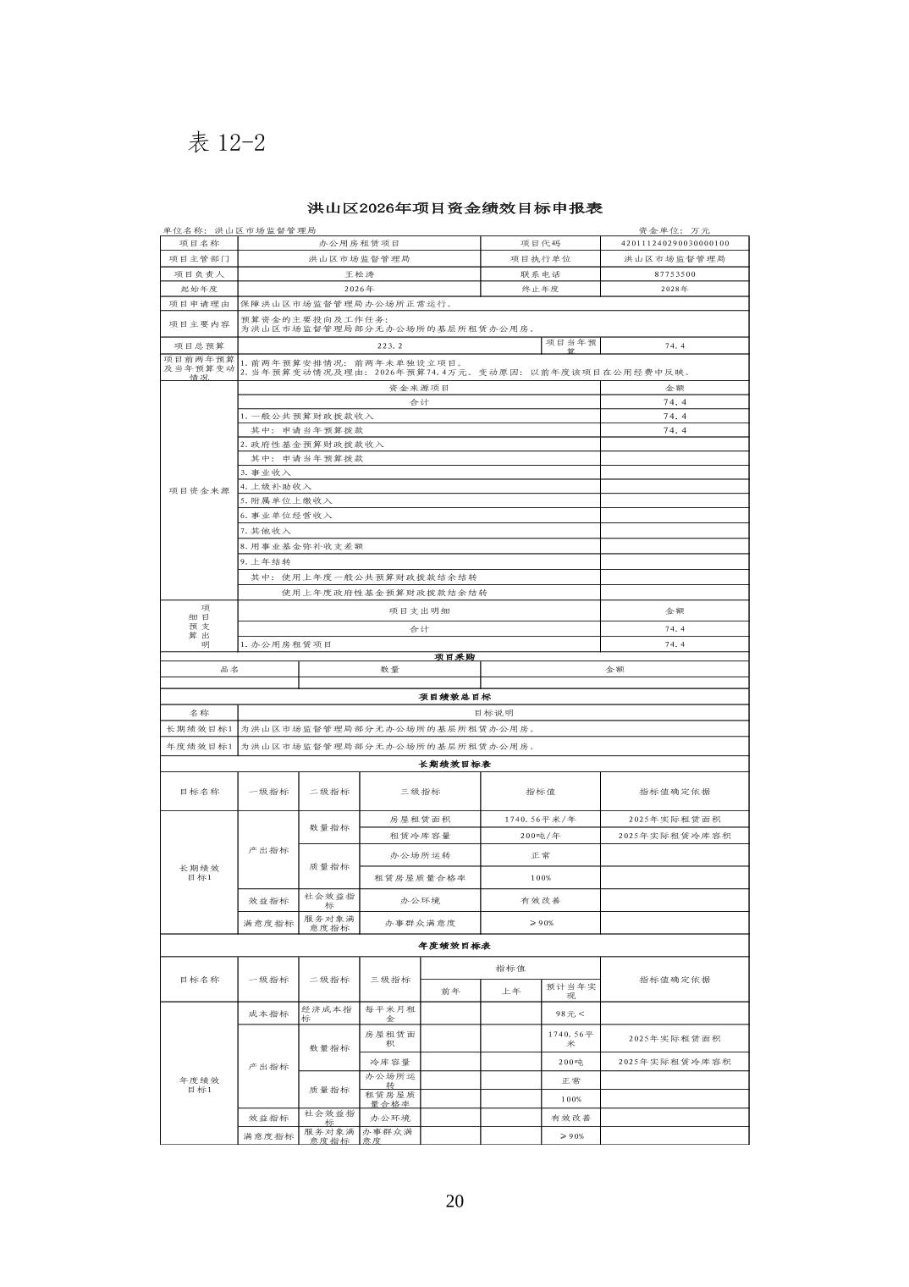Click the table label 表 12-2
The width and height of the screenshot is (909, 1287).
[x=226, y=142]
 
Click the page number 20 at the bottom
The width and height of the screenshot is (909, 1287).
[x=454, y=1201]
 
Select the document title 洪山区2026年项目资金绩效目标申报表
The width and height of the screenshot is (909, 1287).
[x=454, y=208]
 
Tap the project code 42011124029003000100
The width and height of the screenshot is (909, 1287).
[x=675, y=243]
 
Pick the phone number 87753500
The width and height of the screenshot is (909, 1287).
[x=675, y=274]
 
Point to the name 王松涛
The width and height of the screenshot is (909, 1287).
[x=359, y=274]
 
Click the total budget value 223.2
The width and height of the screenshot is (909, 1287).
[x=389, y=345]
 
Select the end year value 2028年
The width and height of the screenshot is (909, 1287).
[x=675, y=289]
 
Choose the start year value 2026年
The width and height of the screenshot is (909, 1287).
[x=359, y=289]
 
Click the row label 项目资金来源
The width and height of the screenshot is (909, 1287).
[x=199, y=491]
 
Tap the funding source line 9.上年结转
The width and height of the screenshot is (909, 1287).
[x=266, y=561]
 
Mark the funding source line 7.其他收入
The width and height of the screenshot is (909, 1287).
[x=266, y=531]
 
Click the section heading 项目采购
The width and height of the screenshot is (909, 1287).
[x=454, y=656]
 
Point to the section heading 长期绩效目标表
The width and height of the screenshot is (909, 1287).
[x=454, y=764]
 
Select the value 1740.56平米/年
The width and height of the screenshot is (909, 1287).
[x=540, y=820]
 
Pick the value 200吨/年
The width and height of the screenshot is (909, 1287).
[x=540, y=836]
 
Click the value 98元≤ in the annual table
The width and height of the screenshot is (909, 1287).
[x=570, y=1014]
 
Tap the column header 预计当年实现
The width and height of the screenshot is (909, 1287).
[x=570, y=991]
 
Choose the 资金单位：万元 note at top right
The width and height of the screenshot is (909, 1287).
[x=675, y=230]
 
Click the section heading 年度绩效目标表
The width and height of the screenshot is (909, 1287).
[x=454, y=946]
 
